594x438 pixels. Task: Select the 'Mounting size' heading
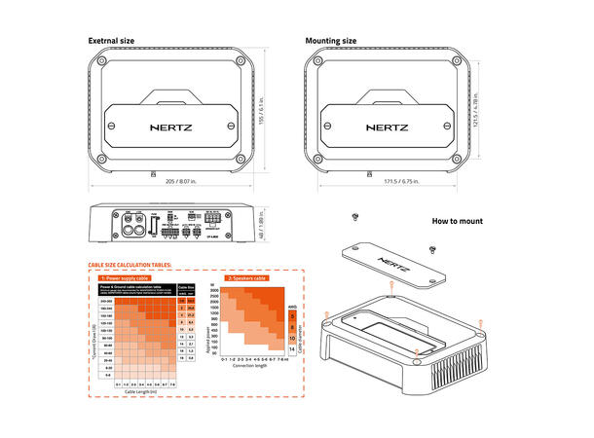(330, 41)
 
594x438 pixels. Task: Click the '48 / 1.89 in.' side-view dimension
(271, 225)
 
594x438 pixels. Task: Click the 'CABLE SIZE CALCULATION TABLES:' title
(130, 265)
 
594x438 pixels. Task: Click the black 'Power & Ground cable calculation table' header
(135, 288)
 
